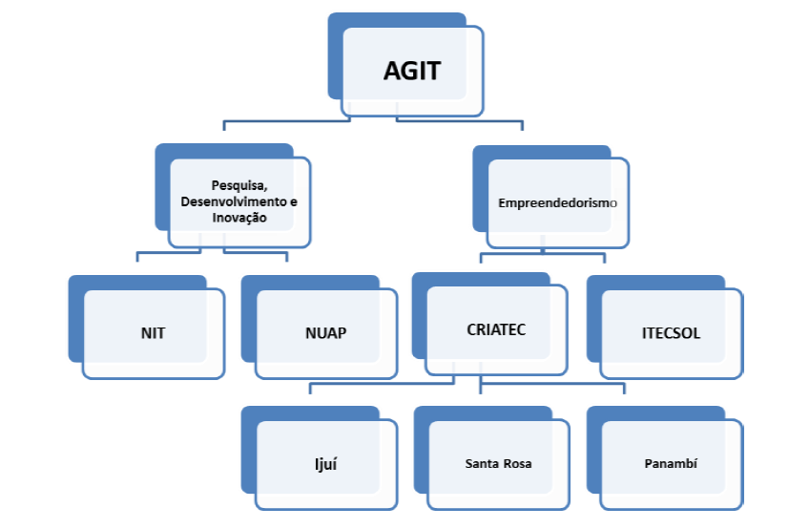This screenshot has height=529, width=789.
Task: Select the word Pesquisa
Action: [238, 183]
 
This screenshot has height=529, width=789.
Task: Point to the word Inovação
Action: [239, 218]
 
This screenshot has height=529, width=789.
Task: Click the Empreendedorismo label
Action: [558, 203]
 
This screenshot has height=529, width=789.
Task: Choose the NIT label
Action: [152, 333]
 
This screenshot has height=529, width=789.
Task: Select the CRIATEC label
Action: [496, 329]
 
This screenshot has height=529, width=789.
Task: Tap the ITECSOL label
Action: [671, 333]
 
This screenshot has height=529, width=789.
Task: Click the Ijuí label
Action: [324, 465]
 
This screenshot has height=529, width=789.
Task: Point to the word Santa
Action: [483, 464]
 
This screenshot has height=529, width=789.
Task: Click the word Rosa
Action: [516, 464]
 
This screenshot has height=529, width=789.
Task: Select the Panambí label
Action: [671, 463]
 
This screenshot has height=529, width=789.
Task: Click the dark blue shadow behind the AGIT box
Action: [335, 57]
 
